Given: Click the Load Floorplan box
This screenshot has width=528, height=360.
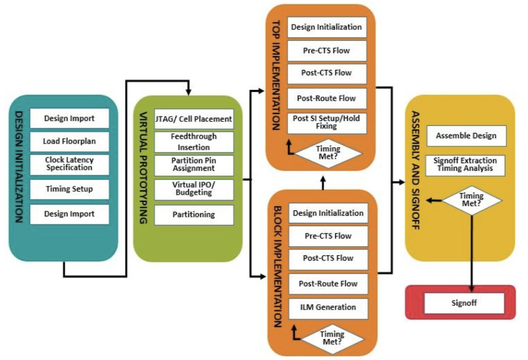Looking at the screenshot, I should click(x=69, y=142).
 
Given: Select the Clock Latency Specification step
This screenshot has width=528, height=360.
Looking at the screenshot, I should click(x=69, y=164).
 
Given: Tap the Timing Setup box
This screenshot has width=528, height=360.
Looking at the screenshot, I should click(x=69, y=189).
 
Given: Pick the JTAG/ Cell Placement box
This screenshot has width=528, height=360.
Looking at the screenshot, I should click(x=194, y=119).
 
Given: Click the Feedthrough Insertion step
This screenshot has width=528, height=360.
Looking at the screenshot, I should click(x=194, y=142).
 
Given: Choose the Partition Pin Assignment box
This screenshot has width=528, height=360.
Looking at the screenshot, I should click(x=194, y=165).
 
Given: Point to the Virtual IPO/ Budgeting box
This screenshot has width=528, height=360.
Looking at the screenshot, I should click(x=194, y=189).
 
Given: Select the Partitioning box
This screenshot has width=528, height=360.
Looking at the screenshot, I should click(x=194, y=215).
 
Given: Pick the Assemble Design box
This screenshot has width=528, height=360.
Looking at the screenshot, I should click(x=466, y=136).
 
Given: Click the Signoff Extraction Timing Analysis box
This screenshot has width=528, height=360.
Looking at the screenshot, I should click(x=466, y=165).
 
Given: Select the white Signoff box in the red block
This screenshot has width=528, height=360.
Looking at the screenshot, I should click(x=463, y=303).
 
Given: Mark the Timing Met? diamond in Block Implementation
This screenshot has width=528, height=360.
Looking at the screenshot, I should click(x=332, y=338).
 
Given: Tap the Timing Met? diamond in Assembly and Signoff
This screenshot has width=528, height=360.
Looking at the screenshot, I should click(x=471, y=200).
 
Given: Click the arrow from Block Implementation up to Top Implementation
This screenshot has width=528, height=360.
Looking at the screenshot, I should click(x=323, y=183).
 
